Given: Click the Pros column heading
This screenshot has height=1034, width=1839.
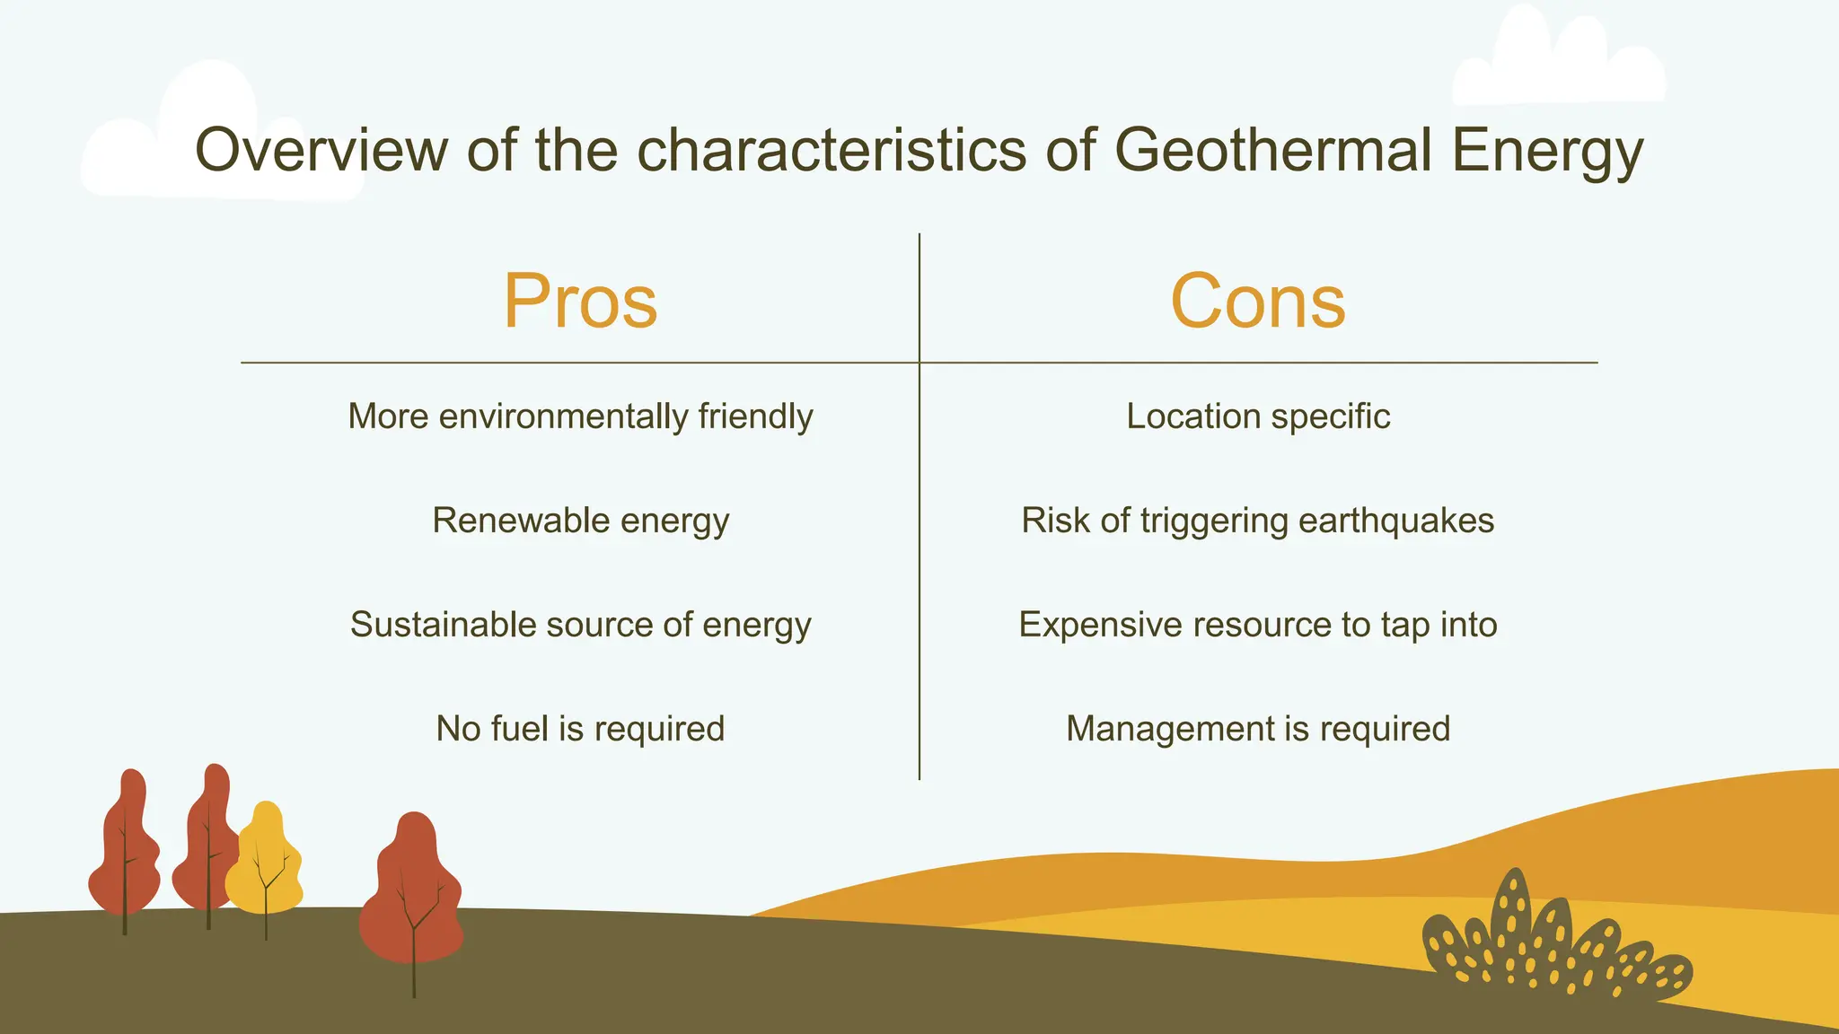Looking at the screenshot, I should point(580,302).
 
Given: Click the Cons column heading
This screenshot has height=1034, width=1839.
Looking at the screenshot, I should point(1257,302).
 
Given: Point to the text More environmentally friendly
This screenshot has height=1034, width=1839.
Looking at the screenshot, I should point(580,416).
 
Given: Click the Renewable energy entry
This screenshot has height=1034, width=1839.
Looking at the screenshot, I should point(580,521).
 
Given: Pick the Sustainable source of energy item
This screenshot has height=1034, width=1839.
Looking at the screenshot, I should point(580,625).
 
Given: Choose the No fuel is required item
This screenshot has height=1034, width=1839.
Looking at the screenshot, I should point(580,729).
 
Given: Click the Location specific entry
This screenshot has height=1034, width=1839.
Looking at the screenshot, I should point(1257,416).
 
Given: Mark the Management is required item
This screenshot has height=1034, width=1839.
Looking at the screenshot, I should point(1257,729).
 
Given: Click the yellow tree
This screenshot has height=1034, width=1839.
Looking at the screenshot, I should point(264,862).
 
